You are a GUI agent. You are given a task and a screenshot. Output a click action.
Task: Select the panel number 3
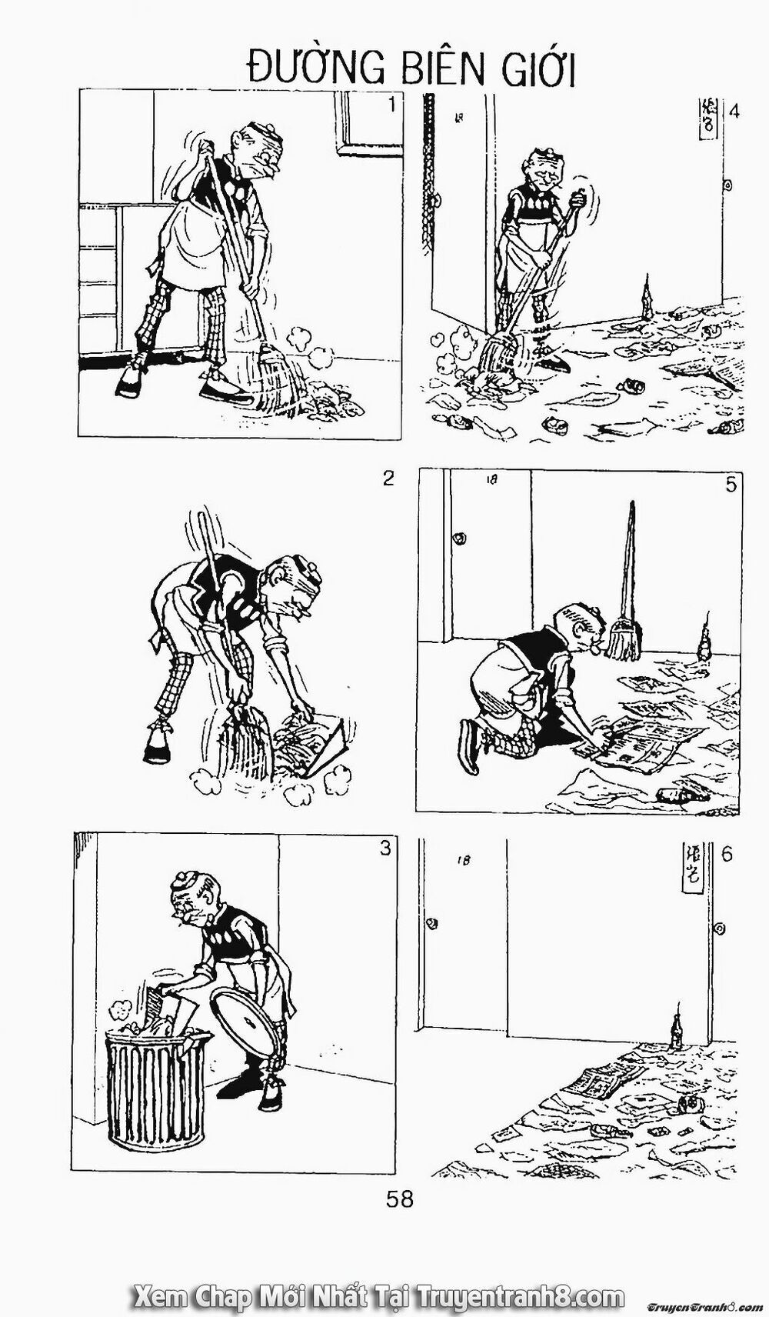click(385, 849)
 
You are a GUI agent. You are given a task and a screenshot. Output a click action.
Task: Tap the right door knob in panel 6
click(721, 929)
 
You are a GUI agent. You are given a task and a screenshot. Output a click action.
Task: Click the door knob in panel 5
click(460, 537)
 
